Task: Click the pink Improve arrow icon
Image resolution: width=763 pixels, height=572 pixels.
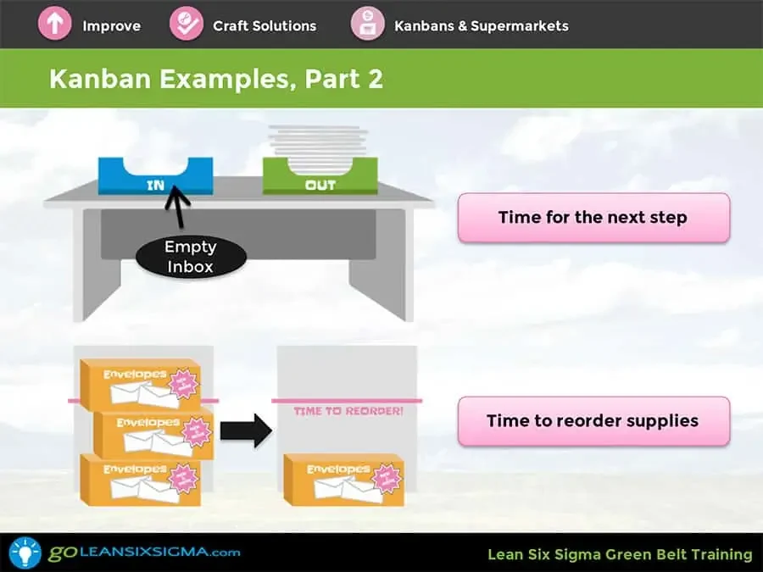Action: pos(54,24)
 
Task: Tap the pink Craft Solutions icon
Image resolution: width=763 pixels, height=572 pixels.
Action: pos(187,24)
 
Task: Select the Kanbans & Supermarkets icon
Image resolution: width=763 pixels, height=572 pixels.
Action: pos(368,24)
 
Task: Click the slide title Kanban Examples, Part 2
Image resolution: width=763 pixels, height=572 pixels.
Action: pos(216,79)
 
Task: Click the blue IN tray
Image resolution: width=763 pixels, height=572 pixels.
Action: pos(156,176)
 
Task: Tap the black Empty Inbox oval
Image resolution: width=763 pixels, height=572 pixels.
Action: pos(191,256)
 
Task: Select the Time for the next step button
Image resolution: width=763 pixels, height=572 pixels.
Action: pos(593,217)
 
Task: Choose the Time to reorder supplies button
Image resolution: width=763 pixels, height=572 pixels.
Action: pos(593,420)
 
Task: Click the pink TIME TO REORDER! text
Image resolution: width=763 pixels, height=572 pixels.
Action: pos(348,411)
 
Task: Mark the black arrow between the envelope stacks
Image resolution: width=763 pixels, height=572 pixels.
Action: pos(245,430)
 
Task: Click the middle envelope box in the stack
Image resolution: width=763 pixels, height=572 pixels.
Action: pos(153,433)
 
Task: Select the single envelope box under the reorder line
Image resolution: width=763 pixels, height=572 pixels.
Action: pos(344,480)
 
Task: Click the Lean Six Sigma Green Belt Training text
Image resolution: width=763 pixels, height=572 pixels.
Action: pos(620,554)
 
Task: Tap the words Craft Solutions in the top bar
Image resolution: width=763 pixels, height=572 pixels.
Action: pos(265,25)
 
